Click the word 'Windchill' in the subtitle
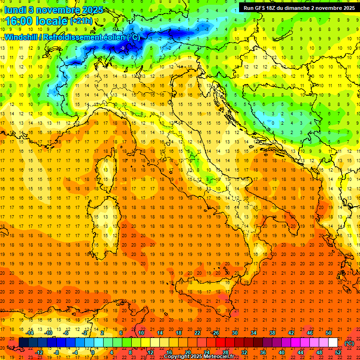pos(22,37)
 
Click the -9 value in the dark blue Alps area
pos(122,48)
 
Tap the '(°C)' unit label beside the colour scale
pos(349,343)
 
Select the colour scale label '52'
pos(338,352)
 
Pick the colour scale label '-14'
pos(30,333)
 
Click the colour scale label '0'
pos(93,352)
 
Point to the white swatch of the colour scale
pos(333,343)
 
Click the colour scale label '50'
pos(328,333)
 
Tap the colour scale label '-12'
pos(39,352)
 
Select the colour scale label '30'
pos(234,333)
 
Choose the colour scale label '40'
pos(281,352)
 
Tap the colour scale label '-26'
pos(215,333)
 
